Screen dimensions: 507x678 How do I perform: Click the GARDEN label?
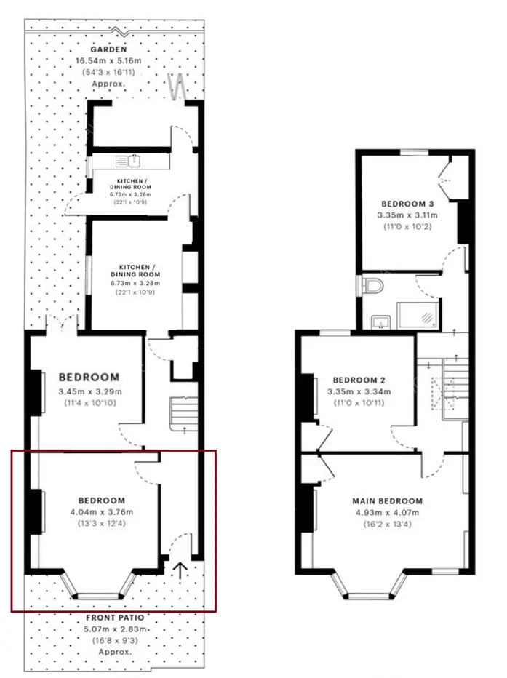coord(108,49)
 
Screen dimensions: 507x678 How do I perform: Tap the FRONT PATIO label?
coord(115,618)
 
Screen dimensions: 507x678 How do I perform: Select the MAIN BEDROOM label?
coord(387,501)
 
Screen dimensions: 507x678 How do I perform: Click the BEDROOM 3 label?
coord(407,204)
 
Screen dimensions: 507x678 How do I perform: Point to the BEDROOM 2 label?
coord(359,380)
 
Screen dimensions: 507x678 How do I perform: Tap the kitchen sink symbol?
coord(128,161)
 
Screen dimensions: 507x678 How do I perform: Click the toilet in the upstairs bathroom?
coord(372,286)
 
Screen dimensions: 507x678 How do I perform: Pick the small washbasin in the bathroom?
coord(380,322)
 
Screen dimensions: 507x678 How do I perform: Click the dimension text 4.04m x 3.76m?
coord(102,512)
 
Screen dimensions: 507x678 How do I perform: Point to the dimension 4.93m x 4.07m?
coord(387,512)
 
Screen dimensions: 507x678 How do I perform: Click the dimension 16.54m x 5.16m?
coord(108,60)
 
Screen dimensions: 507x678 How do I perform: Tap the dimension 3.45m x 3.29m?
coord(90,392)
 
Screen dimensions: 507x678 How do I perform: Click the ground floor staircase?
coord(184,413)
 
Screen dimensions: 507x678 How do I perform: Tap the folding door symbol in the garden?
coord(177,87)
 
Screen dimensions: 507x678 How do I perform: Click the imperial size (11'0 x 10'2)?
coord(407,226)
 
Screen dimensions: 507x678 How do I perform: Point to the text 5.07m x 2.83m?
coord(115,629)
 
